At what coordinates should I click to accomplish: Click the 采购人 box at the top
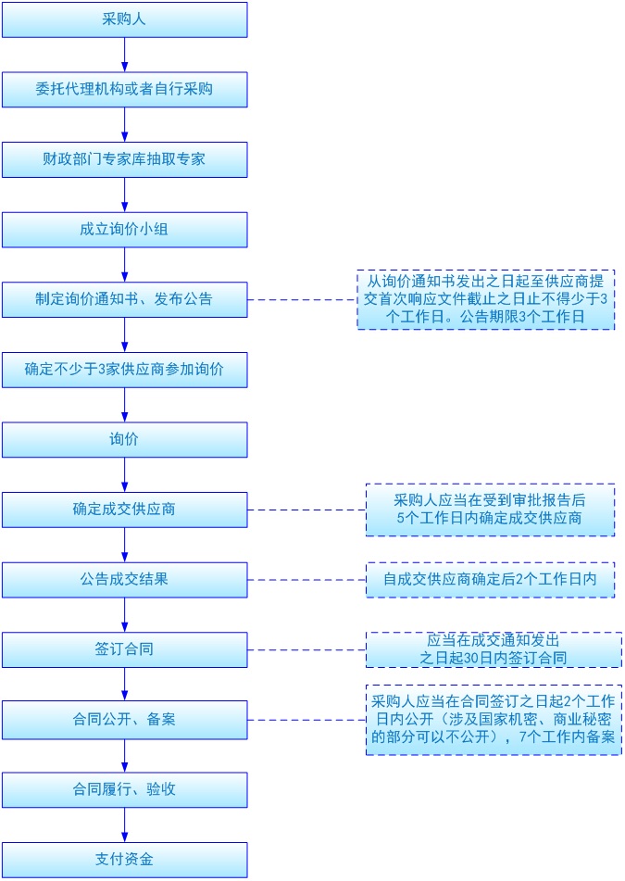(x=124, y=19)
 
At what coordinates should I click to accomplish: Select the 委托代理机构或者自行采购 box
(x=124, y=90)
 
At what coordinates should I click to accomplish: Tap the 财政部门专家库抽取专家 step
(x=124, y=159)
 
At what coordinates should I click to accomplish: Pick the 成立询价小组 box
(x=124, y=230)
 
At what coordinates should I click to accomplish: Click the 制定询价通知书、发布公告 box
(x=124, y=299)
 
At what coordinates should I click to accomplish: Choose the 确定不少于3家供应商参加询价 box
(x=124, y=370)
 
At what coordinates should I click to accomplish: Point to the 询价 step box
(x=124, y=439)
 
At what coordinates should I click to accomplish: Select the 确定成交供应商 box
(x=124, y=510)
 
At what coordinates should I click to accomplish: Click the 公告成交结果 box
(x=124, y=580)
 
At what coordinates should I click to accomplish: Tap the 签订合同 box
(x=124, y=649)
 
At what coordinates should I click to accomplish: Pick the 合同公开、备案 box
(x=124, y=719)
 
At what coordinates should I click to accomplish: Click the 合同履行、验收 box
(x=124, y=789)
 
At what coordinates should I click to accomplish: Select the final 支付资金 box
(x=124, y=859)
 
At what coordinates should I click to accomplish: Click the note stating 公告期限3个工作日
(x=486, y=300)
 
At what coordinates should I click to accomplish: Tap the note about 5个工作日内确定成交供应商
(x=490, y=510)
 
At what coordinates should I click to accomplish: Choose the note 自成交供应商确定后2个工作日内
(x=490, y=580)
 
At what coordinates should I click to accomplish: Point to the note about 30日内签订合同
(x=493, y=649)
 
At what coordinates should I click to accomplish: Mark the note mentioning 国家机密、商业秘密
(x=493, y=720)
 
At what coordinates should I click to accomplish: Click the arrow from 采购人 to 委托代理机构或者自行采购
(x=124, y=55)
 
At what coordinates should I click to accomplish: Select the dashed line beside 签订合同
(x=306, y=649)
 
